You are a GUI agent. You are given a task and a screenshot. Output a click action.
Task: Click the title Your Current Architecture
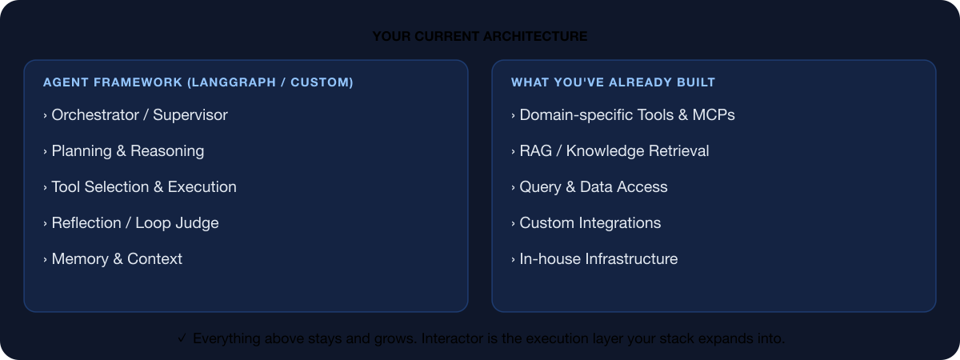480,37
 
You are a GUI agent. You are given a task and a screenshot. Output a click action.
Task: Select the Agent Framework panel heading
198,82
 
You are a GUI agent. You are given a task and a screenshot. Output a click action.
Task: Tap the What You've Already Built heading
613,82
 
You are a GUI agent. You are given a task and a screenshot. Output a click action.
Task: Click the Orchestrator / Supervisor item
139,115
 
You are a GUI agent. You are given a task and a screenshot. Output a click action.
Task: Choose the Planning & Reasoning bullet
127,151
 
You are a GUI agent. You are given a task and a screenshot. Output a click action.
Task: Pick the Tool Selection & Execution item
144,187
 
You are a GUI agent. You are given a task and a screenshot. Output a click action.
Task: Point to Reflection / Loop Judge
134,223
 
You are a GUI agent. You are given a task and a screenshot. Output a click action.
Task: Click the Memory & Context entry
117,259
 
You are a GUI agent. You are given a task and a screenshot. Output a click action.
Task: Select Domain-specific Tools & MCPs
627,115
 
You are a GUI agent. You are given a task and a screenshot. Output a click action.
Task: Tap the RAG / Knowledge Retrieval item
614,151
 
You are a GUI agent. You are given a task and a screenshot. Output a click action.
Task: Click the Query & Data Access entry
594,187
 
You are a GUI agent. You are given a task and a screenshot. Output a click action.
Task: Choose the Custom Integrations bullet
590,223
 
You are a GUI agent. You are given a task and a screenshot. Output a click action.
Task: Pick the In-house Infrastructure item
598,259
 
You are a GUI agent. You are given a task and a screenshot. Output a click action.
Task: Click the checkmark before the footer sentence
182,338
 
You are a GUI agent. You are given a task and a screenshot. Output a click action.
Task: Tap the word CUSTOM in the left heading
319,82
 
